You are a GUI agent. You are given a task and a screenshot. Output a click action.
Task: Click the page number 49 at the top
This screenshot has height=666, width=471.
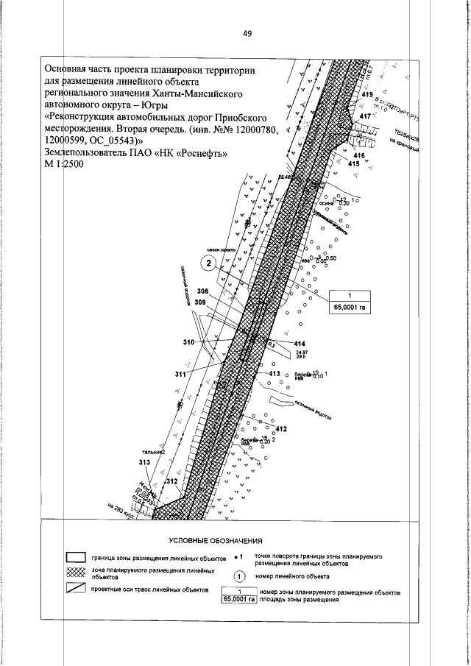point(247,33)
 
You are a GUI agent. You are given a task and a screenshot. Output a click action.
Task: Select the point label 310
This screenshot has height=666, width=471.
point(188,343)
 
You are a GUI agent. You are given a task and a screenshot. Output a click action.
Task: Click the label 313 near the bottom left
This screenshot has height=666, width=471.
point(144,462)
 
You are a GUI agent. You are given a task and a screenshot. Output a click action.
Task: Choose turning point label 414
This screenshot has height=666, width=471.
point(299,344)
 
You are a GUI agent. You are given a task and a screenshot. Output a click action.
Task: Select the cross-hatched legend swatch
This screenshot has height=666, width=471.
point(77,573)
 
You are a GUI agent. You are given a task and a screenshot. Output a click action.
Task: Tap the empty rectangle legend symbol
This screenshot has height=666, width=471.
point(77,557)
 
